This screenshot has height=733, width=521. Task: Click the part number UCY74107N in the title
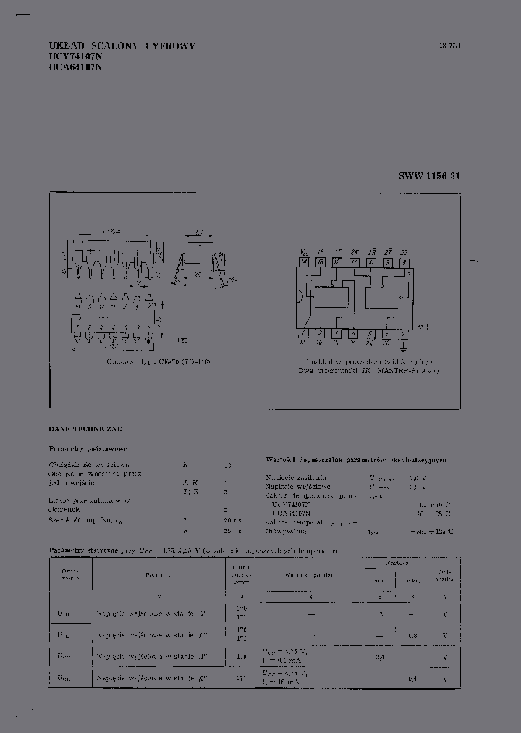tap(75, 56)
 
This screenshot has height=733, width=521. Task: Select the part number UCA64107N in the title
tap(75, 67)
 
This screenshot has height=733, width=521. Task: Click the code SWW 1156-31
tap(428, 176)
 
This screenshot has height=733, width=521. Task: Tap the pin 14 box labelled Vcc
tap(304, 261)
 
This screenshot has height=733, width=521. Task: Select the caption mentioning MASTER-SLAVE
tap(368, 370)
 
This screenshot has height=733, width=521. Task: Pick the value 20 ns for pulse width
tap(231, 519)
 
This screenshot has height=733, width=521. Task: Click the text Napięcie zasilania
tap(296, 478)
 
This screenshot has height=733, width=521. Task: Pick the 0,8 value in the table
tap(412, 636)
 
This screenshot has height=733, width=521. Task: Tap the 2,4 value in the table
tap(380, 657)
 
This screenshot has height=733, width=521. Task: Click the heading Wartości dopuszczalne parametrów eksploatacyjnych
tap(356, 460)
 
